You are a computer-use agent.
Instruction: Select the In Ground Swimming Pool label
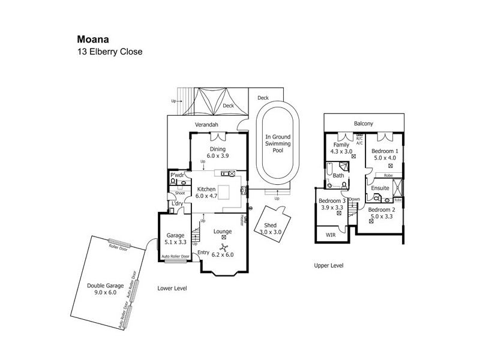point(278,145)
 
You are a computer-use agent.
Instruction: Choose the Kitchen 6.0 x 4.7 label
point(208,192)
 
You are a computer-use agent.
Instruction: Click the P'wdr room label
point(176,175)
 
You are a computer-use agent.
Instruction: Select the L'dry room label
point(177,203)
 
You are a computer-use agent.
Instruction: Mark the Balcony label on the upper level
point(363,124)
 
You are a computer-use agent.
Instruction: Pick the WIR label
point(330,235)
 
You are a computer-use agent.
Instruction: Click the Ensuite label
point(380,188)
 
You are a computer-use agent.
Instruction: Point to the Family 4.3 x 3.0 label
point(343,148)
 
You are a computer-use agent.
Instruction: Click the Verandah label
point(206,124)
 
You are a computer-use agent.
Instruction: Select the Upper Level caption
point(329,265)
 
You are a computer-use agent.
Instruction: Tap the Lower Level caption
point(172,288)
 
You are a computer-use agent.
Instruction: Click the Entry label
point(203,253)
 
